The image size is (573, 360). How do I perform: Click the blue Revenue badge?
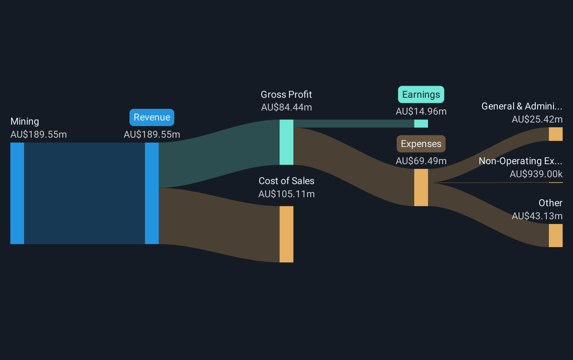click(x=152, y=117)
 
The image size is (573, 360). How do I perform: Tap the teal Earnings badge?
click(x=421, y=95)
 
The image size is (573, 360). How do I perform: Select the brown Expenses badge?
click(x=421, y=144)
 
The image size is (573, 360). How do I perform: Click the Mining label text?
click(x=25, y=121)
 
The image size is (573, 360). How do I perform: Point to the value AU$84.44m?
click(x=286, y=107)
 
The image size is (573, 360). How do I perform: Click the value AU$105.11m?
click(x=286, y=194)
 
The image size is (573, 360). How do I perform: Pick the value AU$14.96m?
click(x=421, y=112)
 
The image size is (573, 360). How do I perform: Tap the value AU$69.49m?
click(x=421, y=161)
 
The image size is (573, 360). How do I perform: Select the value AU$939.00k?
click(x=536, y=174)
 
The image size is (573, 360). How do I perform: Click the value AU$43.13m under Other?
click(x=537, y=216)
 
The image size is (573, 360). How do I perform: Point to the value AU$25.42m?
click(x=537, y=119)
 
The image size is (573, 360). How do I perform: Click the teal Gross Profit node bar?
click(x=286, y=142)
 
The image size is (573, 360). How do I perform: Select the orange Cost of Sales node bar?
click(x=286, y=234)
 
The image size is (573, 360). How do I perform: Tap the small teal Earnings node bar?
click(x=421, y=124)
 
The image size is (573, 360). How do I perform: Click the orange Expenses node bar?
click(x=421, y=188)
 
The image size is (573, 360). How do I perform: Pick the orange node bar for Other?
click(x=555, y=235)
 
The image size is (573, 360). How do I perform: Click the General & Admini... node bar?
click(x=555, y=134)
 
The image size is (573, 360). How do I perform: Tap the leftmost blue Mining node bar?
click(x=17, y=193)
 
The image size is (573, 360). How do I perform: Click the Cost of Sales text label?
click(x=286, y=181)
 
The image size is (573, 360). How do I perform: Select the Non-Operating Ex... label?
click(x=520, y=161)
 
